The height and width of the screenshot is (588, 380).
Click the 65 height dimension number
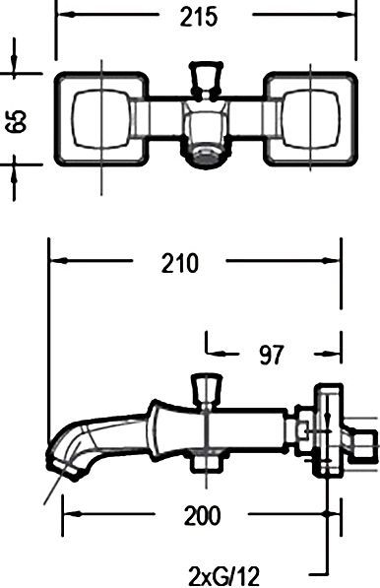[16, 120]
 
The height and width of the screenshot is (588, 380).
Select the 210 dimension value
[178, 263]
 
